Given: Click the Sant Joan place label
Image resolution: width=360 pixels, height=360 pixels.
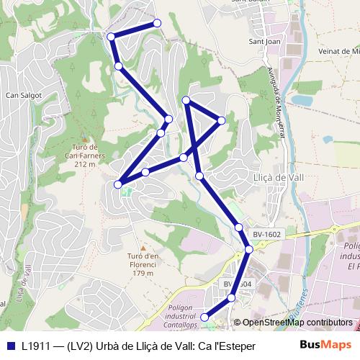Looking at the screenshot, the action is click(264, 42).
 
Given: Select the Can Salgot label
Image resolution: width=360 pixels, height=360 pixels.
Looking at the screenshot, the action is click(24, 94).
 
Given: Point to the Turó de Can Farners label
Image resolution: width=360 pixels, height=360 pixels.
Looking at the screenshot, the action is click(84, 155).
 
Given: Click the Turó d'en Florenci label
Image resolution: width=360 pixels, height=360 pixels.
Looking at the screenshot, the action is click(143, 260).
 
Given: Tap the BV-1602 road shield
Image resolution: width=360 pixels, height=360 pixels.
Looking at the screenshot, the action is click(266, 234).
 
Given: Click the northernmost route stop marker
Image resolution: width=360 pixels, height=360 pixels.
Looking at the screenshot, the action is click(157, 24).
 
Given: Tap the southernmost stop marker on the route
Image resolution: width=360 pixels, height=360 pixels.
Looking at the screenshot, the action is click(204, 317).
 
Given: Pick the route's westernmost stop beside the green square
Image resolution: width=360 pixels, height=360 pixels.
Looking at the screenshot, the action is click(118, 185).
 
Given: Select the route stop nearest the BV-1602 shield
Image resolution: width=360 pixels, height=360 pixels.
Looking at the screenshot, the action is click(239, 228).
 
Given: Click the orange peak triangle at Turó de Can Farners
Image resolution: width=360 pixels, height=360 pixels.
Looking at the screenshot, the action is click(84, 139).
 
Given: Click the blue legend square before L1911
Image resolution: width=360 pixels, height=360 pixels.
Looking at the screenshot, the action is click(10, 346).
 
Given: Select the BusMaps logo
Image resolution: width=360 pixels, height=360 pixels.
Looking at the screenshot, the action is click(325, 345).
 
